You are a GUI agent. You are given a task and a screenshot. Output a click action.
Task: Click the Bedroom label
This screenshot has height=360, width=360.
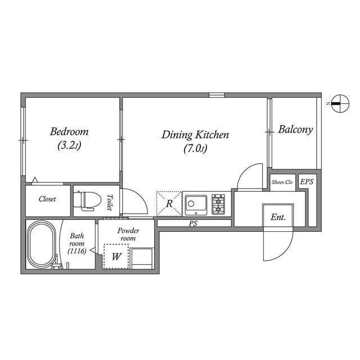coord(69,132)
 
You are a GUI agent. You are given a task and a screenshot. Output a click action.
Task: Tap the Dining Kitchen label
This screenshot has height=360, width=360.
coord(195,135)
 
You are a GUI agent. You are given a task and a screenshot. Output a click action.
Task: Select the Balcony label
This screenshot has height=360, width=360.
coord(295,129)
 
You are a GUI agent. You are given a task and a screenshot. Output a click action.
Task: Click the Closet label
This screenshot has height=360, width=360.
coord(47,199)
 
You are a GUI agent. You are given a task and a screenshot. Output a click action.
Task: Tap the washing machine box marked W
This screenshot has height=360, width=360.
coord(116,257)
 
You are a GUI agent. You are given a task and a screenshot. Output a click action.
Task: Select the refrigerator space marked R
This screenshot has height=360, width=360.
coord(169,204)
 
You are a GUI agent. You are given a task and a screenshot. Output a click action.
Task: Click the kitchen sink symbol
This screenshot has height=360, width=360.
coord(196,204)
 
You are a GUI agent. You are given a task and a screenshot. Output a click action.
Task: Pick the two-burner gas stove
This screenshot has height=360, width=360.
coord(218,204)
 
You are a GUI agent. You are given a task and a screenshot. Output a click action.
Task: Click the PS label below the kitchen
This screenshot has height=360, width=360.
coord(193,223)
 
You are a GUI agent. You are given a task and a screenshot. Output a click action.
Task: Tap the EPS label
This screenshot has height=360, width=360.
coord(307,182)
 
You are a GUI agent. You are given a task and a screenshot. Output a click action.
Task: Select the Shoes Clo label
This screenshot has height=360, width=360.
coord(282,182)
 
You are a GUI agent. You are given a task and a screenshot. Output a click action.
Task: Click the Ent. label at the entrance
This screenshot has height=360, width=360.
coord(278,217)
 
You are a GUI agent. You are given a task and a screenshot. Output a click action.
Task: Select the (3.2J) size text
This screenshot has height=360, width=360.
coord(69,146)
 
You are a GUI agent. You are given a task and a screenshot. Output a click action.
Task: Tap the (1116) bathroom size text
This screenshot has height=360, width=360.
coord(76,251)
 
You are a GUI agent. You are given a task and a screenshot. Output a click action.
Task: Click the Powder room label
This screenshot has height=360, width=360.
coord(128,235)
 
